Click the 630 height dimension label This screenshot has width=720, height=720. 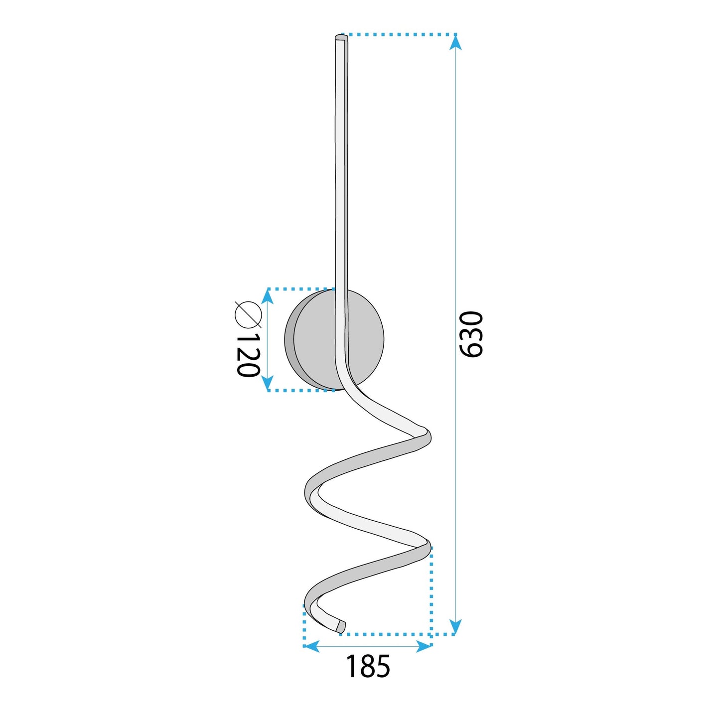click(x=471, y=334)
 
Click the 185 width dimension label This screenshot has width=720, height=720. click(x=368, y=666)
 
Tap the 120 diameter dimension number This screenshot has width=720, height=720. click(x=248, y=355)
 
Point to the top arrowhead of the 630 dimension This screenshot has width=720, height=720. click(x=455, y=43)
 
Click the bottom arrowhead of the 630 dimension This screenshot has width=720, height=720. click(x=455, y=626)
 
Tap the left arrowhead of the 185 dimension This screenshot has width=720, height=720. click(x=311, y=647)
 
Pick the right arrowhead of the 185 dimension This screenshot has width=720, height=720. click(x=424, y=647)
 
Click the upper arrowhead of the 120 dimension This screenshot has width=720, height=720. click(x=268, y=297)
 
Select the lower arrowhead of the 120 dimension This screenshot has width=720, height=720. click(x=268, y=382)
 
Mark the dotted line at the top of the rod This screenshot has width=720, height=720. click(x=399, y=35)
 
